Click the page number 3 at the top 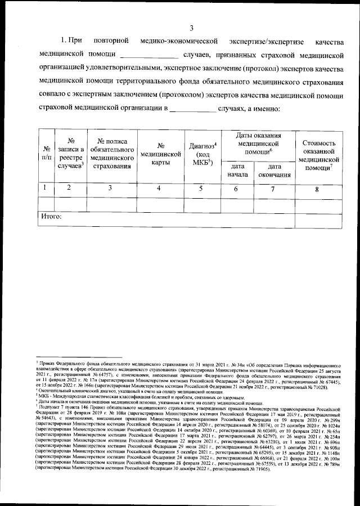tap(191, 29)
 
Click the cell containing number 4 tap(160, 189)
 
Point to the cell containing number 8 tap(318, 190)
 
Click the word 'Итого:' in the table tap(52, 216)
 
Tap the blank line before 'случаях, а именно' tap(192, 110)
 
